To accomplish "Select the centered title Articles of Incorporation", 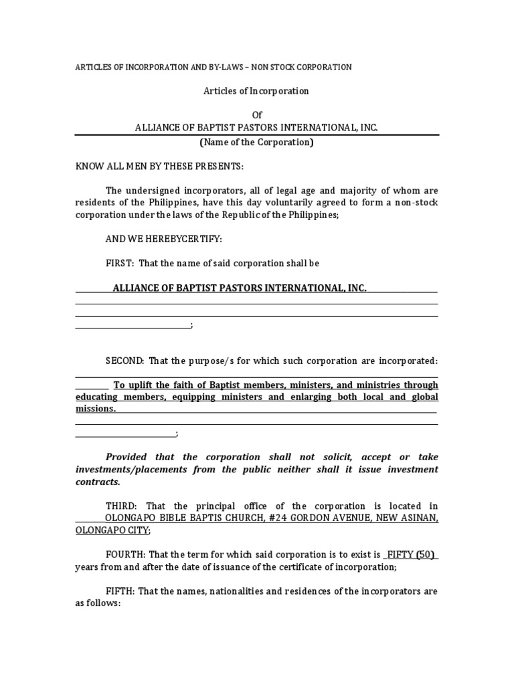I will [256, 91].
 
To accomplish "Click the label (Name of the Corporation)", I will [256, 142].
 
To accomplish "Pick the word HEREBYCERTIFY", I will [171, 239].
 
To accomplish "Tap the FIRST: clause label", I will [120, 264].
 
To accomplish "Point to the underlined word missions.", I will [94, 409].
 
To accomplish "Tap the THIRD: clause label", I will [121, 506].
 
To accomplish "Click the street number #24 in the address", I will [270, 518].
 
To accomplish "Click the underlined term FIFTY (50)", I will [411, 555].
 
